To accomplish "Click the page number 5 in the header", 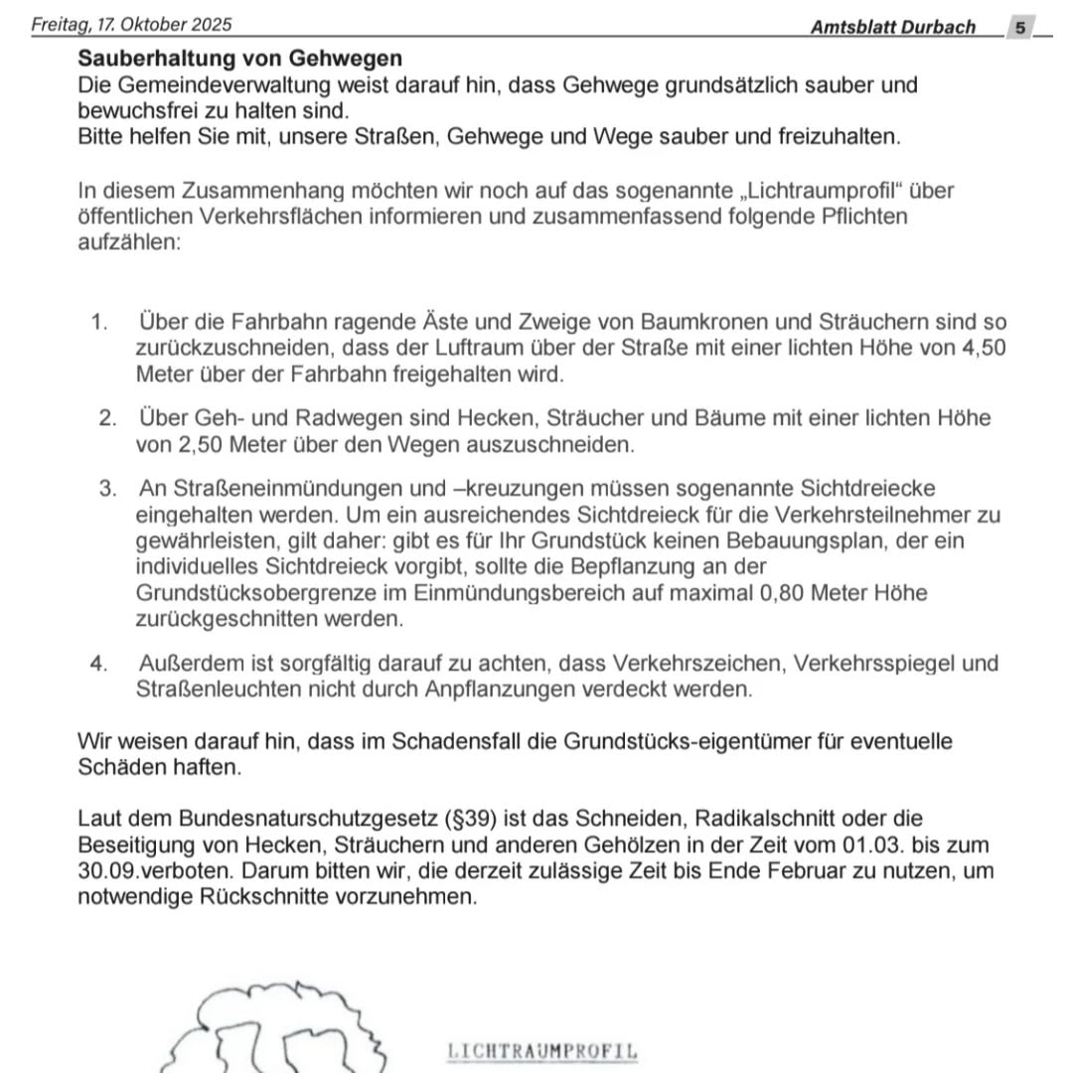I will (1020, 27).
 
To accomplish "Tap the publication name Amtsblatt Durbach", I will (892, 27).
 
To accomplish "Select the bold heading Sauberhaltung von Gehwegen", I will (240, 60).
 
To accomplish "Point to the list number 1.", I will (98, 322).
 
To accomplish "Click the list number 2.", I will (107, 418).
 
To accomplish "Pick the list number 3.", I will (107, 489).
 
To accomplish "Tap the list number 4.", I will (98, 664).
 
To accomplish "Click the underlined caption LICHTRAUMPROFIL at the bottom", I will (542, 1051).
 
